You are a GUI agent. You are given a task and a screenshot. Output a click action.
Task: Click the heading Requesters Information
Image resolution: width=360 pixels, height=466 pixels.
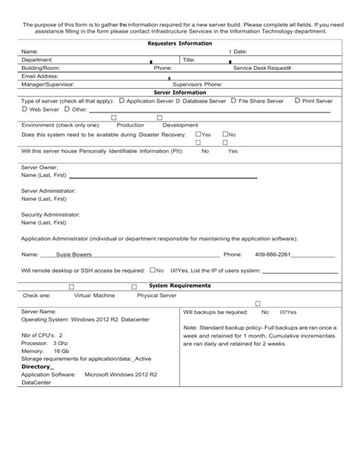click(179, 43)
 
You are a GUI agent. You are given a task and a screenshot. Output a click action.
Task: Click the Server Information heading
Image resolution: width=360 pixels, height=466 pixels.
click(179, 92)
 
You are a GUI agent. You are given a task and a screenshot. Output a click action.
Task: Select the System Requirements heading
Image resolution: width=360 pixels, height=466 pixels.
click(179, 286)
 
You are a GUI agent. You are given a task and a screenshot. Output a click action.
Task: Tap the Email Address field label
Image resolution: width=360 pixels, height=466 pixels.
click(40, 76)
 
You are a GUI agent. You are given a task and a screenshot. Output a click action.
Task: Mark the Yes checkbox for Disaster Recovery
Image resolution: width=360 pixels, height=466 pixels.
click(197, 134)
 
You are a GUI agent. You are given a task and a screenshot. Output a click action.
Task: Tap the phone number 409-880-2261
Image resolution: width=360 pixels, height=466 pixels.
click(273, 255)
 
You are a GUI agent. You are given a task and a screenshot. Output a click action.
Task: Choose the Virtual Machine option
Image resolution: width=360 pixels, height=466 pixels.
click(94, 295)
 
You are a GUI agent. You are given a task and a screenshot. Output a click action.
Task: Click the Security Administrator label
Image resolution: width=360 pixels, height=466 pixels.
click(50, 214)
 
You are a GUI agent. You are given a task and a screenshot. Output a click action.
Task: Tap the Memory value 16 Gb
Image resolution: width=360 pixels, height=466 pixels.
click(62, 351)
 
